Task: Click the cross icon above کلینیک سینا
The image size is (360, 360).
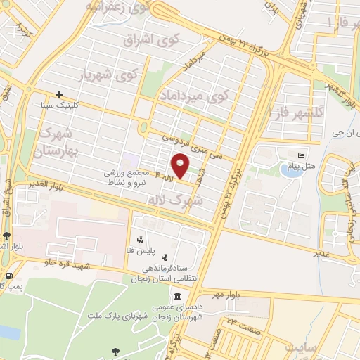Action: [59, 94]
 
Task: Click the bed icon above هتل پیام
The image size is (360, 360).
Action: [302, 154]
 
